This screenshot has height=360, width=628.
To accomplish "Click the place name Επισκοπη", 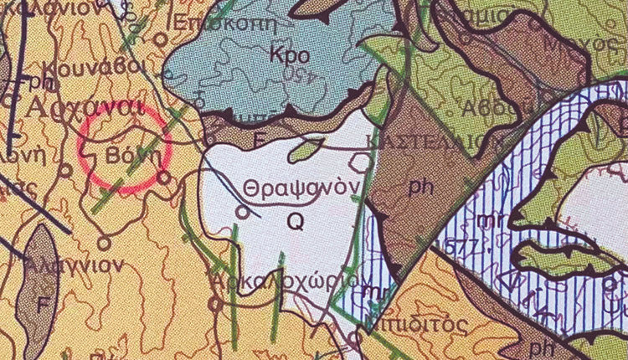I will pyautogui.click(x=214, y=23).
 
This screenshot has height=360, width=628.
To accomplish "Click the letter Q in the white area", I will pyautogui.click(x=295, y=220).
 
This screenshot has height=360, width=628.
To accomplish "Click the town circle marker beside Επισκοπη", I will pyautogui.click(x=161, y=39).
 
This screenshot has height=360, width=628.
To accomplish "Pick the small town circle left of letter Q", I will pyautogui.click(x=243, y=213).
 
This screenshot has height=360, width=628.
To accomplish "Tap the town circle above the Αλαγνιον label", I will pyautogui.click(x=105, y=243).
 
